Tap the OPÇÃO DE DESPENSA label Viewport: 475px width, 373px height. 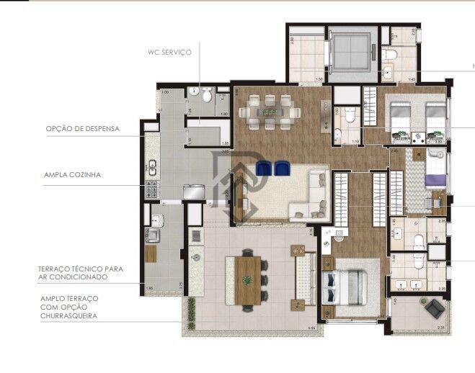[82, 130]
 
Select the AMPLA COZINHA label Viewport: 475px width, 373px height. [72, 174]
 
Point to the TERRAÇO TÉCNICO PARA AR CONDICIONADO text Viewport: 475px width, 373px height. [81, 272]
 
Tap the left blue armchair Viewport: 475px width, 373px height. [264, 168]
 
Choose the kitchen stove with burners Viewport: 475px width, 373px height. [153, 189]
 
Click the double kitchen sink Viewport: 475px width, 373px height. [152, 167]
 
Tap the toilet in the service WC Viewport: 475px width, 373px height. [206, 95]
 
